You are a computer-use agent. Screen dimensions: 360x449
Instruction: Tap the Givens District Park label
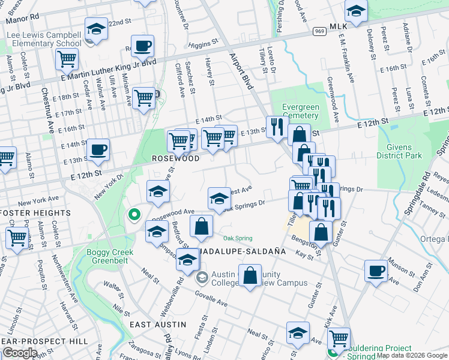click(x=399, y=151)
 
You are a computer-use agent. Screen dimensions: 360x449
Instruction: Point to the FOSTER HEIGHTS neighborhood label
click(x=36, y=212)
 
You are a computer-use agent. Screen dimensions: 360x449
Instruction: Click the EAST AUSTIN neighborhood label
click(x=158, y=324)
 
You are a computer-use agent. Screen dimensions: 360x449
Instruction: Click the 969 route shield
click(x=319, y=31)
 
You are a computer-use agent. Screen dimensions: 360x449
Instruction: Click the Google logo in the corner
click(x=20, y=353)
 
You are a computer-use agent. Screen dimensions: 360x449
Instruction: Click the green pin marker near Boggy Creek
click(x=135, y=214)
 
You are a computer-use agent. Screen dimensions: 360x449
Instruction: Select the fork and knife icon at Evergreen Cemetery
click(x=277, y=127)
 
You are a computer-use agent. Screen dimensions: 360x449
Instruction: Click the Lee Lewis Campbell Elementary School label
click(x=44, y=40)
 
